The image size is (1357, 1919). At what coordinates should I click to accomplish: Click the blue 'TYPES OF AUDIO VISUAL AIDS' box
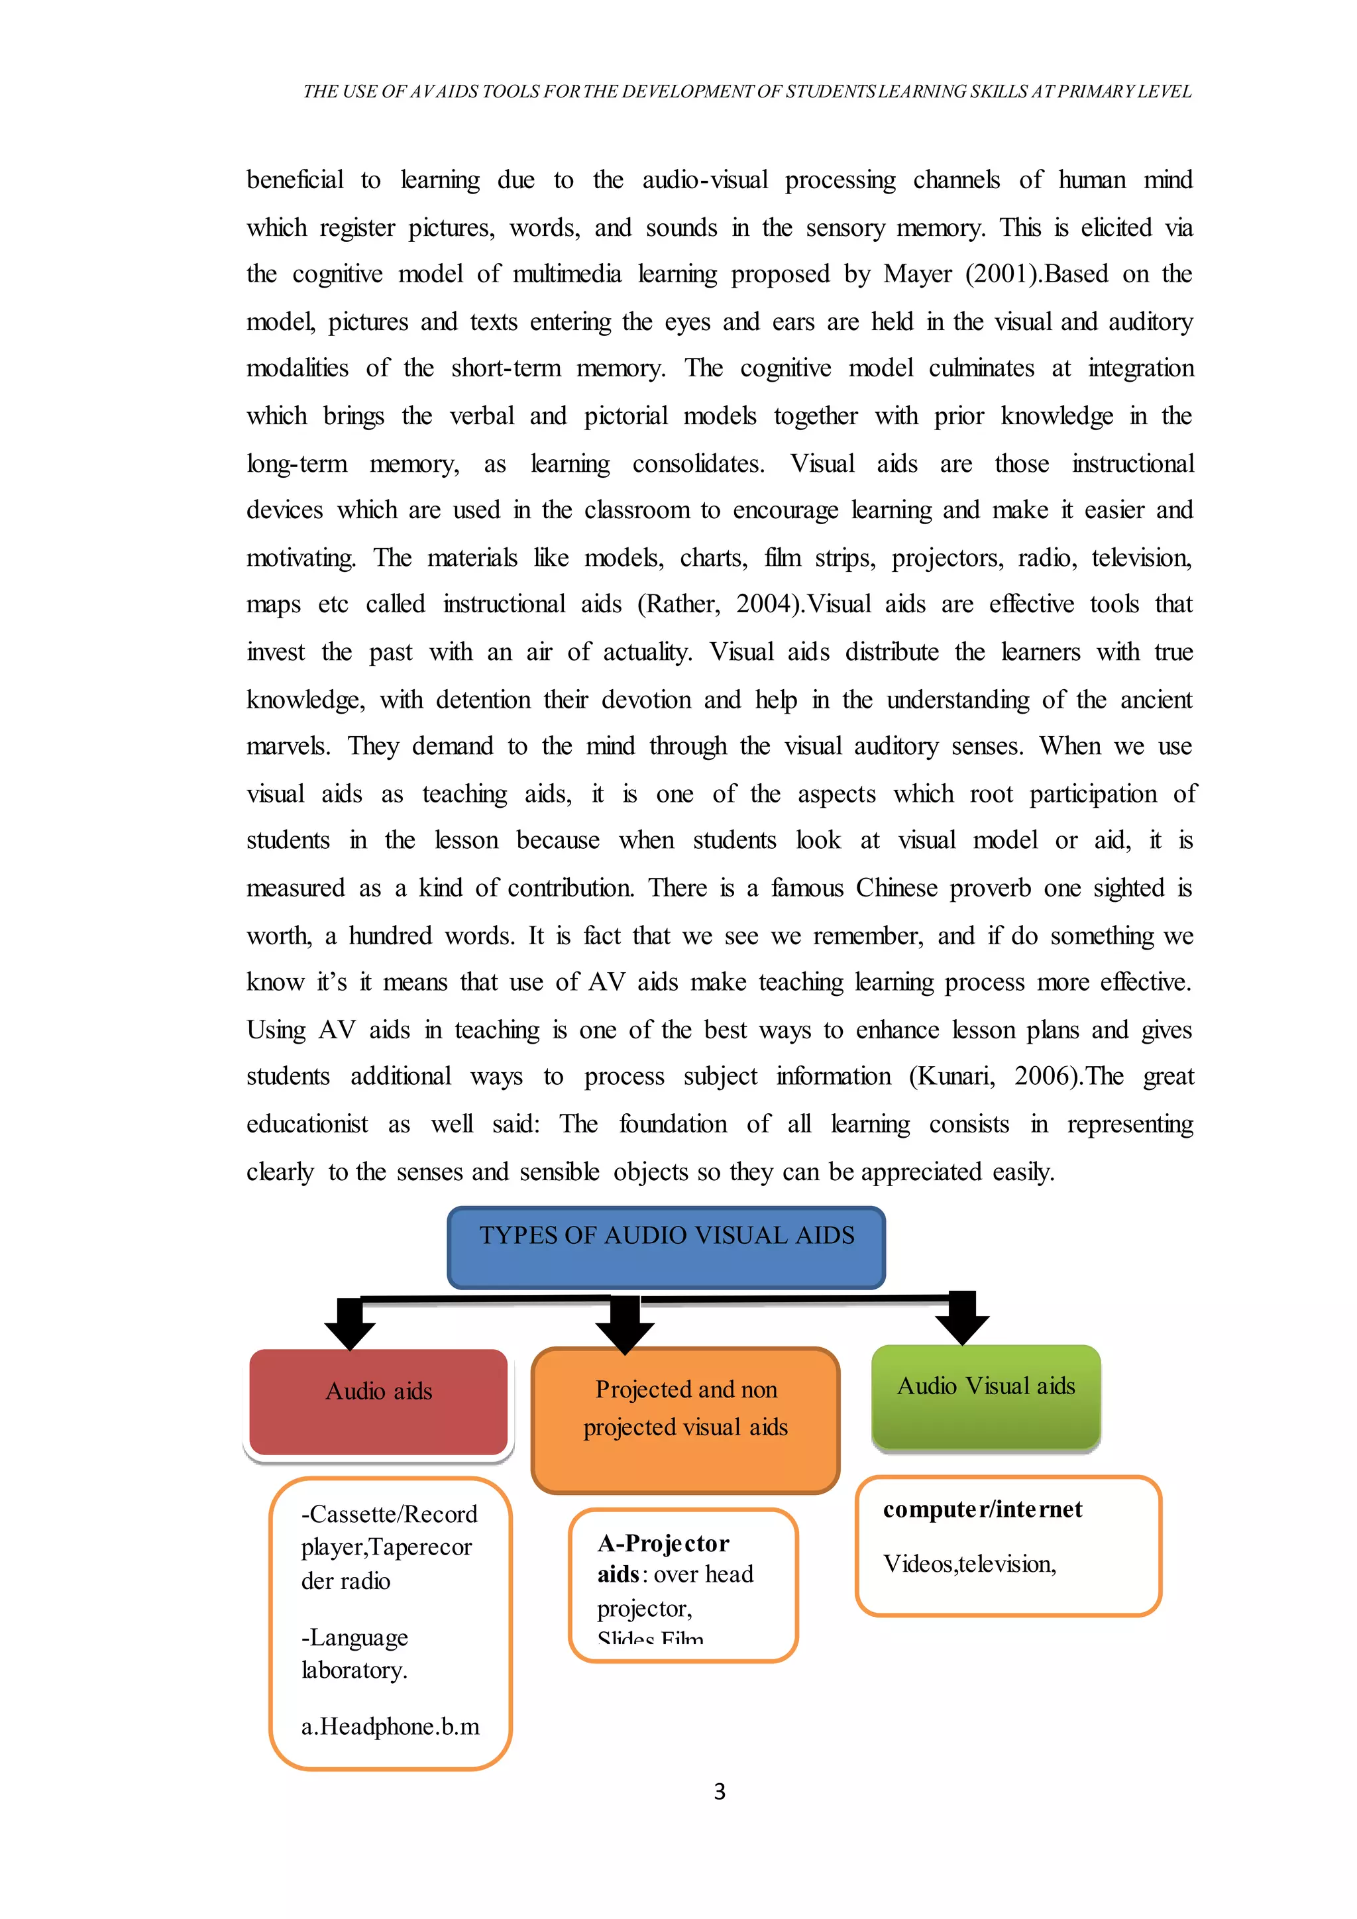coord(666,1246)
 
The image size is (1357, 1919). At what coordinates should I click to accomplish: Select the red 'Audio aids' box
coord(378,1401)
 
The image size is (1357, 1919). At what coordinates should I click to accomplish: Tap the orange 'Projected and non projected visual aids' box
coord(685,1419)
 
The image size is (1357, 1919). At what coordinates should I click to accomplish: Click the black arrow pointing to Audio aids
coord(349,1323)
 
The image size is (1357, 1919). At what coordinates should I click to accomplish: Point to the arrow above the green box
coord(963,1318)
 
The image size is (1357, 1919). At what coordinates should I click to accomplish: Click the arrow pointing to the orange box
coord(624,1325)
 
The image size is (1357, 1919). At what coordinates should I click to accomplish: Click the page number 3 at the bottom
coord(720,1791)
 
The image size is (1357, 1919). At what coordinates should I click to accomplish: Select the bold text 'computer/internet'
coord(983,1509)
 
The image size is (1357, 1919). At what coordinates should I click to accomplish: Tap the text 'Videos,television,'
coord(969,1564)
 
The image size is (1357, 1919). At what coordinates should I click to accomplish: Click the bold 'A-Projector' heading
coord(663,1543)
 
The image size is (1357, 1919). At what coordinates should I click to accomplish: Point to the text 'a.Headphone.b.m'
coord(390,1726)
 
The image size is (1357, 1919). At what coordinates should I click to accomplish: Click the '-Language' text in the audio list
coord(354,1637)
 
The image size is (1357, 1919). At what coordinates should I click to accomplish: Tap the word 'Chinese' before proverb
coord(896,888)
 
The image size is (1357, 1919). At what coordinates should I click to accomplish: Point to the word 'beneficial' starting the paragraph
coord(295,180)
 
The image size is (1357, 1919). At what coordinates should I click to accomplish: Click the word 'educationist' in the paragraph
coord(307,1124)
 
